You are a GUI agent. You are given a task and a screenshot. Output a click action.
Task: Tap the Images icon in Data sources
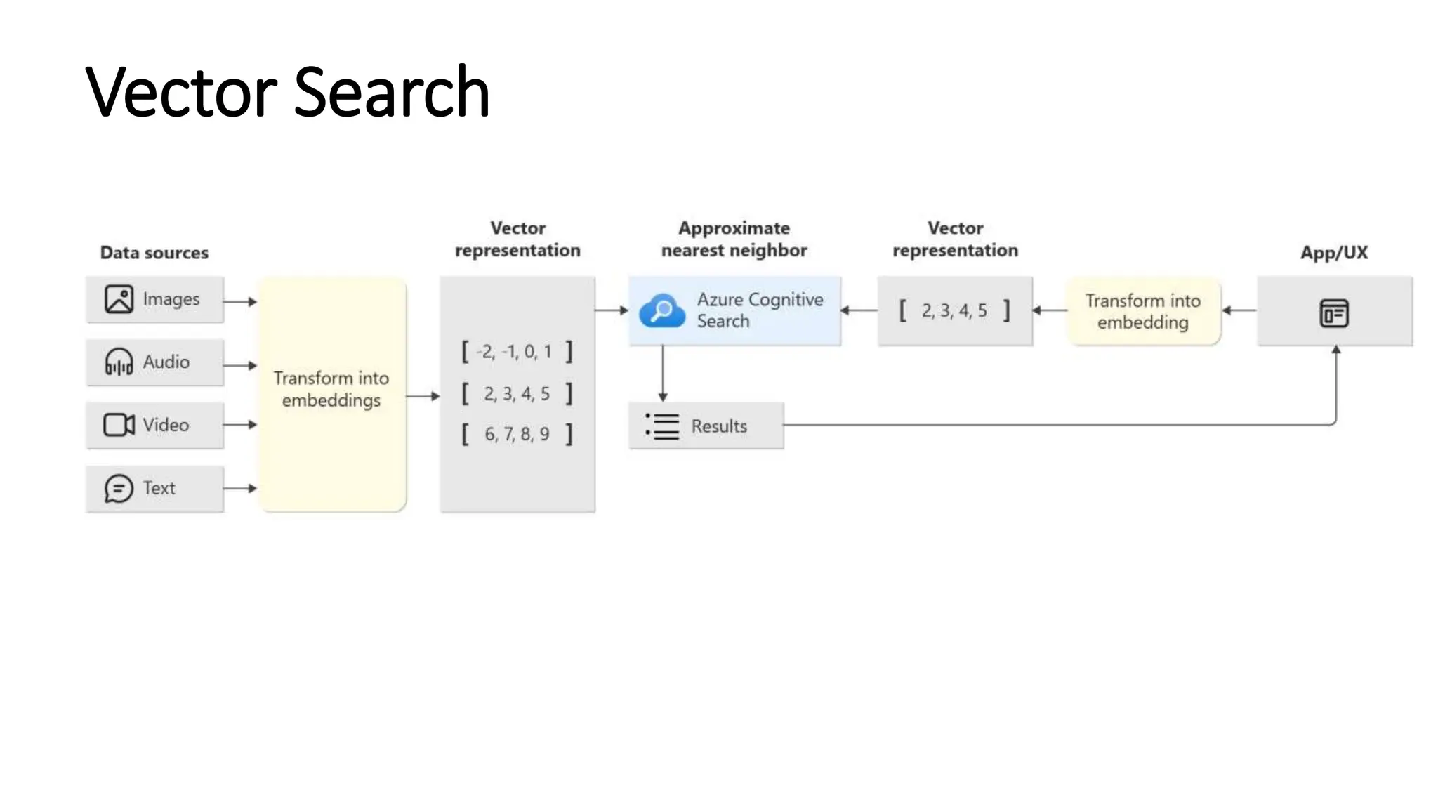(119, 299)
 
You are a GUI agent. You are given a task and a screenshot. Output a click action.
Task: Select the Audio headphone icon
(119, 362)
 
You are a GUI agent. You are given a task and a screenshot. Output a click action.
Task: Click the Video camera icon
(119, 425)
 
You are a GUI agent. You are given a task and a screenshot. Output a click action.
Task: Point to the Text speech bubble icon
(119, 489)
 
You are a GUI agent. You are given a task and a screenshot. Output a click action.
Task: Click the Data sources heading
(154, 253)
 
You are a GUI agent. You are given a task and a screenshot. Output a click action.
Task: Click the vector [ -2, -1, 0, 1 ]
(517, 351)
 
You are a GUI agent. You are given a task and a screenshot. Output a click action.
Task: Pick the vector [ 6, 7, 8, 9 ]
(517, 434)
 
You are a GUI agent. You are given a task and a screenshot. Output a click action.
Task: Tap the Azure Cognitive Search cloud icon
(661, 310)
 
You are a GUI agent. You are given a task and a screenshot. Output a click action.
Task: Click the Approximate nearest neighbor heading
(734, 239)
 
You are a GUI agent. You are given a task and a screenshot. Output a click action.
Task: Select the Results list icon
(662, 426)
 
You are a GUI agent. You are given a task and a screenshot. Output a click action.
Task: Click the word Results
(719, 426)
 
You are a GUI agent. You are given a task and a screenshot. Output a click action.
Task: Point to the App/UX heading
(1334, 253)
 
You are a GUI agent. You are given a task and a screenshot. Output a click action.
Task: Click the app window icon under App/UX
(1334, 313)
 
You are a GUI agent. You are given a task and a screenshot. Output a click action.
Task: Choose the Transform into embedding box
(1143, 311)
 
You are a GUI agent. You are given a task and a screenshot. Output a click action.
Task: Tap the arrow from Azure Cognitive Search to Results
(662, 372)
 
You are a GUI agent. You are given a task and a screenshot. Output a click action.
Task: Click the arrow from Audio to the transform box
(240, 365)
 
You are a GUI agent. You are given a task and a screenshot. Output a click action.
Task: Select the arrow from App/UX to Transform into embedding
(1239, 310)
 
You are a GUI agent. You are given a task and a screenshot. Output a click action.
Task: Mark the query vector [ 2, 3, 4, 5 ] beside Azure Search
(954, 310)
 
